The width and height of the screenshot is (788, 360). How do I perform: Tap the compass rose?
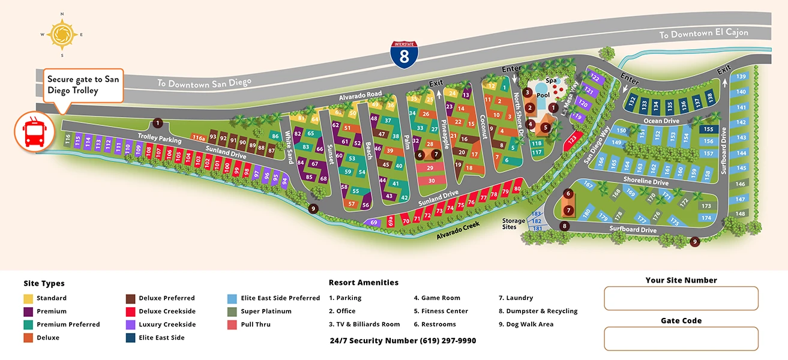61,34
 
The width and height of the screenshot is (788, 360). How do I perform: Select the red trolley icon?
32,130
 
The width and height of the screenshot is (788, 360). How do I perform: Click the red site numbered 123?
572,142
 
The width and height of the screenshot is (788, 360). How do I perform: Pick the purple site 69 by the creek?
374,223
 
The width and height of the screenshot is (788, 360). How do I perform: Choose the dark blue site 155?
708,129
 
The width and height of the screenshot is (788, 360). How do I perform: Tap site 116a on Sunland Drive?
199,137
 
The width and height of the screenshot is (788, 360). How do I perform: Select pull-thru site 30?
431,180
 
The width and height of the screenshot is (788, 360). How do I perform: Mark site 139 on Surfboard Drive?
741,76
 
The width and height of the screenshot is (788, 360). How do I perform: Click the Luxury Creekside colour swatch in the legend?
130,325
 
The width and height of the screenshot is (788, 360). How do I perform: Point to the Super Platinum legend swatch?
232,311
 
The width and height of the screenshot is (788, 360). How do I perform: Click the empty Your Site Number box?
681,298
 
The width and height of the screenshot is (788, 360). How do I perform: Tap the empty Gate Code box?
681,338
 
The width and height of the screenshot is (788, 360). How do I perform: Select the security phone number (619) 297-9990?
402,340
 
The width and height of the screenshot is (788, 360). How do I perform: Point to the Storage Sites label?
513,224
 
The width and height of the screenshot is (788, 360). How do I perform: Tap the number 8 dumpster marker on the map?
564,226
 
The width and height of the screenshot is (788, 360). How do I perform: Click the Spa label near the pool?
551,80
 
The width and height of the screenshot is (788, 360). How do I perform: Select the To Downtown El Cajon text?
703,34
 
